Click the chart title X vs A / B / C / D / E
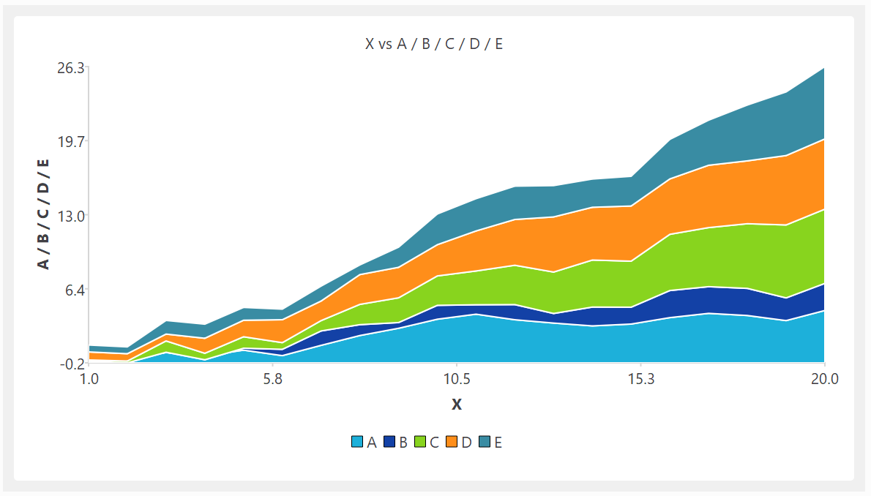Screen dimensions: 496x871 pos(434,44)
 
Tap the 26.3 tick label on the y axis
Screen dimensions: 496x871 pos(72,68)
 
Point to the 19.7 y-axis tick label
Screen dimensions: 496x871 pos(72,141)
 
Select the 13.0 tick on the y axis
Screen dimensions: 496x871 pos(72,216)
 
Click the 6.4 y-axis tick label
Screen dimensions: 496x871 pos(75,289)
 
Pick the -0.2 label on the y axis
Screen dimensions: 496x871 pos(72,364)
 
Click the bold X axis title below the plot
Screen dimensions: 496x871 pos(456,405)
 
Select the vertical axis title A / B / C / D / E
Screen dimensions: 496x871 pos(45,214)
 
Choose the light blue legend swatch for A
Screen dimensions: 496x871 pos(358,442)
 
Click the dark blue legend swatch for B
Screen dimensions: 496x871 pos(389,442)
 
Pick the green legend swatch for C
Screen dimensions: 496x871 pos(421,442)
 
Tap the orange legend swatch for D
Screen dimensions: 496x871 pos(452,442)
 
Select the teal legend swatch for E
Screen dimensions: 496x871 pos(485,442)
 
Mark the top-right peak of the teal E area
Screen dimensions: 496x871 pos(823,69)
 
